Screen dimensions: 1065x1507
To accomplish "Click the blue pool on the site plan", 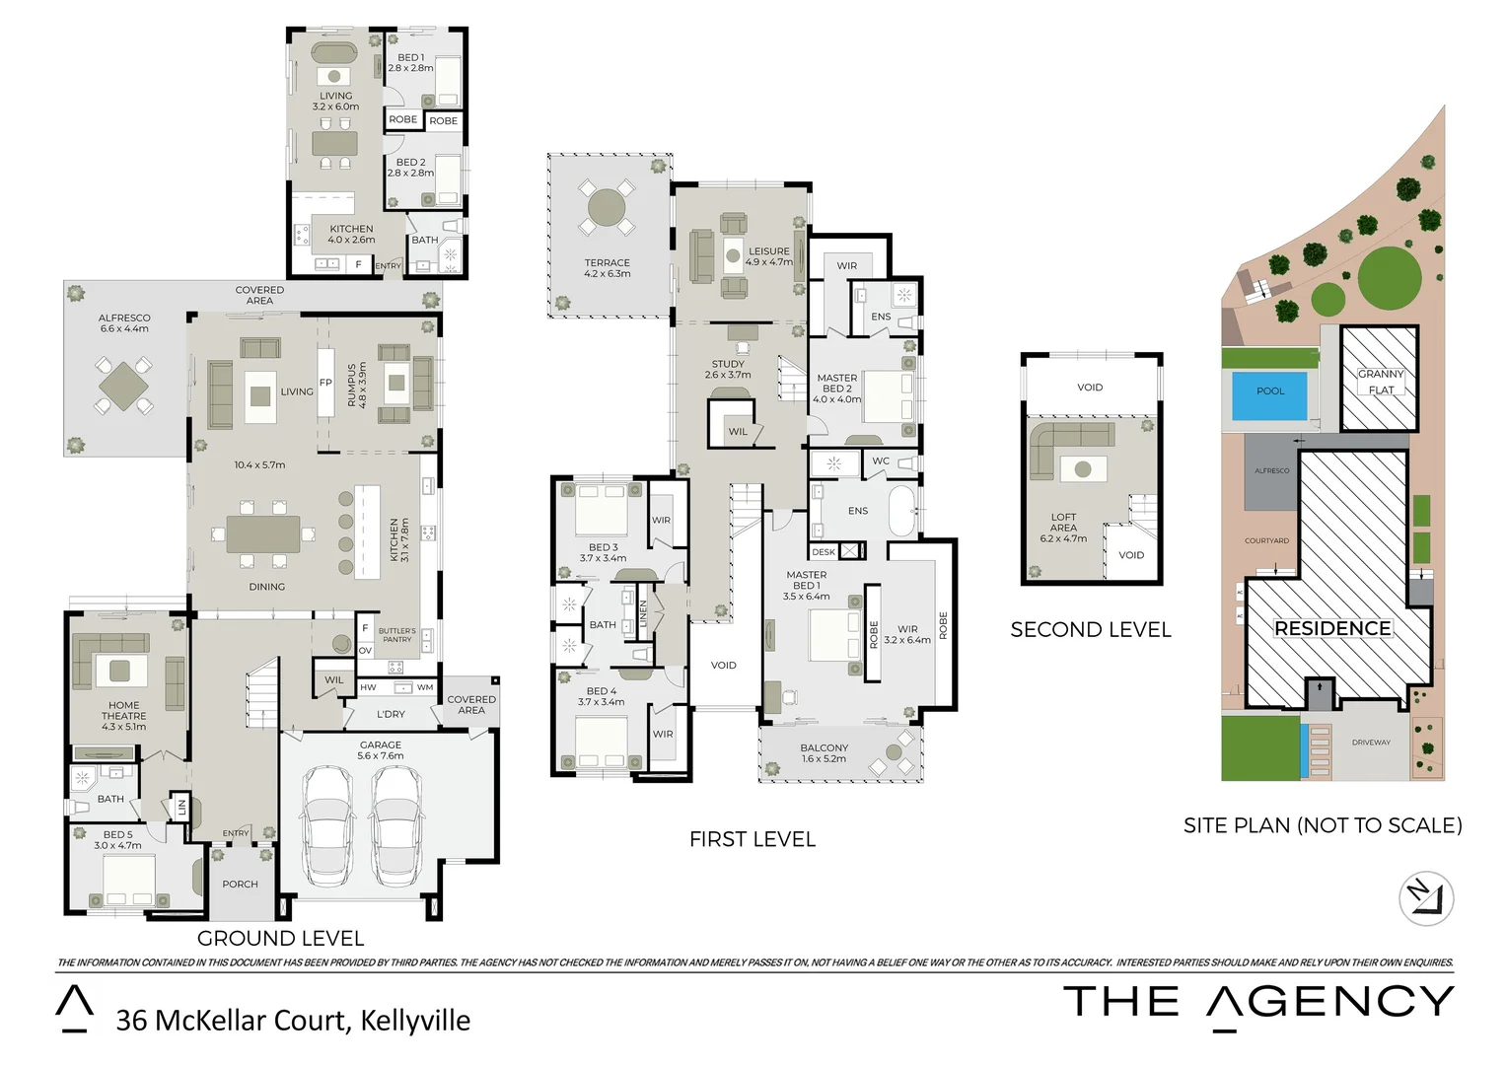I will point(1269,391).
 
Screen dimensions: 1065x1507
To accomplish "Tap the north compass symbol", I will point(1426,898).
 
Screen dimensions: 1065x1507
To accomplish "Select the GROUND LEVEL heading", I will point(280,938).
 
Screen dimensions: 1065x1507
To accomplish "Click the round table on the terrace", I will point(607,208).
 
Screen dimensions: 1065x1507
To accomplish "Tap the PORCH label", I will point(240,885).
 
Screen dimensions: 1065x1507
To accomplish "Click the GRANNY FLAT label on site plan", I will point(1381,382).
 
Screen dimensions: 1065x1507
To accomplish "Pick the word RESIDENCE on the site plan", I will point(1332,628).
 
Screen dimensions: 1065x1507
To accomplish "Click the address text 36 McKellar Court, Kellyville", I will point(293,1021).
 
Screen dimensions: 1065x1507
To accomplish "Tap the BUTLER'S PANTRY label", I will point(396,635).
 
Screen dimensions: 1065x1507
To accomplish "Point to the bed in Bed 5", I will point(129,878).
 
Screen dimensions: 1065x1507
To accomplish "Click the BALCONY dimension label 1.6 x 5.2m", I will point(824,758).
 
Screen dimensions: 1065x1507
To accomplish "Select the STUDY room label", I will point(728,364).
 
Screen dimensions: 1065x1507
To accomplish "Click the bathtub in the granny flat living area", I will point(334,52).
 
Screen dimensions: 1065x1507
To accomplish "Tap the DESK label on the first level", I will point(824,552).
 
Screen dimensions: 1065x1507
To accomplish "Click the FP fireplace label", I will point(325,383).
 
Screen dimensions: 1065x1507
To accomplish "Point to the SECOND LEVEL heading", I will point(1090,630).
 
